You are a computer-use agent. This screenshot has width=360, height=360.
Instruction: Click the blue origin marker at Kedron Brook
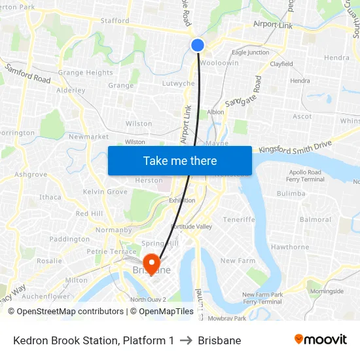(x=198, y=45)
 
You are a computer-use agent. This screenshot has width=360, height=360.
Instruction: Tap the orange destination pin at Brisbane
(x=152, y=262)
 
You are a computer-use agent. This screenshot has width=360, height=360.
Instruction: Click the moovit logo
(x=321, y=340)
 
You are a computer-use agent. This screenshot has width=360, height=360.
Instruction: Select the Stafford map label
(x=115, y=21)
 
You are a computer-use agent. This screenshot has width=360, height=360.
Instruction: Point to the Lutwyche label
(x=178, y=84)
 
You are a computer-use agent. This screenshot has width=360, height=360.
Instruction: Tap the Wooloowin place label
(x=220, y=63)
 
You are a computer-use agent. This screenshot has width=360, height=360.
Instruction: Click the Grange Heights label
(x=86, y=73)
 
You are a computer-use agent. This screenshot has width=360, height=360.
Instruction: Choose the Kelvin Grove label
(x=105, y=192)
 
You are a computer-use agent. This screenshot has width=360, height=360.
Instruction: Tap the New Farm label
(x=237, y=261)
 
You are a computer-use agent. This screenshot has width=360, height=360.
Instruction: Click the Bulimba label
(x=291, y=194)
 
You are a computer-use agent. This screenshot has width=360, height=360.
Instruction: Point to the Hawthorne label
(x=290, y=247)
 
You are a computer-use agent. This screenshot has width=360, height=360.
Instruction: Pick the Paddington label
(x=69, y=239)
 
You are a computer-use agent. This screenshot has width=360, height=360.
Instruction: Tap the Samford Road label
(x=27, y=73)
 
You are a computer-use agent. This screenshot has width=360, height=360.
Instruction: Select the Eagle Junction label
(x=250, y=52)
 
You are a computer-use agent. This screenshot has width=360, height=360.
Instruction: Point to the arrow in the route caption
(x=186, y=340)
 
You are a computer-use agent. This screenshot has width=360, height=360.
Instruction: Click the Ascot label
(x=302, y=117)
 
